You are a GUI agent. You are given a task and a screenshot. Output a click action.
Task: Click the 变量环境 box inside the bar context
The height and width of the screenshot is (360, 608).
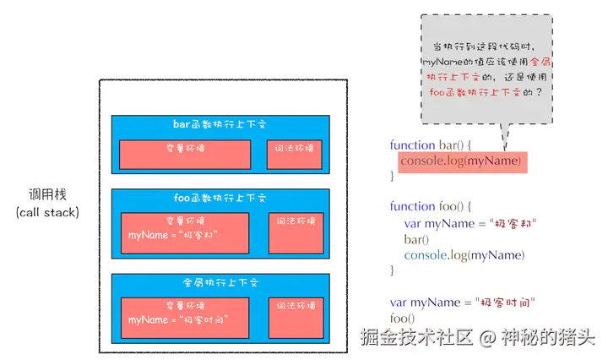[184, 154]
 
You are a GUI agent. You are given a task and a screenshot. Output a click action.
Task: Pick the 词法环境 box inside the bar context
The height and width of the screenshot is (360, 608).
[295, 154]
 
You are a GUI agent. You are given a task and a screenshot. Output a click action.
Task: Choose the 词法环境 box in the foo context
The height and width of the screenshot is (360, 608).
[295, 232]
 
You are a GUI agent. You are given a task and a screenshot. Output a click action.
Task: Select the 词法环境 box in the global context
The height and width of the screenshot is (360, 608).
[295, 317]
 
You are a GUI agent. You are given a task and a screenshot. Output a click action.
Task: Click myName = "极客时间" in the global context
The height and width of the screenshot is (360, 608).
[175, 321]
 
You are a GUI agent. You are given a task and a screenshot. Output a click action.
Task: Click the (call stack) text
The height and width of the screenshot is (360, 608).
[47, 211]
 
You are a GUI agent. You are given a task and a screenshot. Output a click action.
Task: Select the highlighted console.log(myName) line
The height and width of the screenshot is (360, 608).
[461, 161]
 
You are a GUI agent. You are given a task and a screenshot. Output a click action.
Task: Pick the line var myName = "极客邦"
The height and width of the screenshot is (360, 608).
[470, 223]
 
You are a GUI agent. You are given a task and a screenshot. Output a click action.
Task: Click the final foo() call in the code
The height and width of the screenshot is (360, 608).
[402, 319]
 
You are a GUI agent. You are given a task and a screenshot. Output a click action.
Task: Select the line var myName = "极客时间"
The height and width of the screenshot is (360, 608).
[463, 303]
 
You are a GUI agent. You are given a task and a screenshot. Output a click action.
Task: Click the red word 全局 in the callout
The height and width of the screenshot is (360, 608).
[540, 62]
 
